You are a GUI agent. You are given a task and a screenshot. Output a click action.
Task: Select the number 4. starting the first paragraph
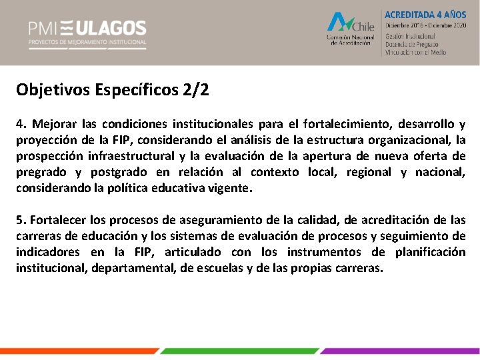pos(21,124)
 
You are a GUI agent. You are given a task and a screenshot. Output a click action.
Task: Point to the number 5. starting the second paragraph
pos(21,220)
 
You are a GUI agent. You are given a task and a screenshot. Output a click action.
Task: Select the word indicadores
pos(46,252)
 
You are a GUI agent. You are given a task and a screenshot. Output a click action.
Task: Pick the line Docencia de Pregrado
pos(415,44)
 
